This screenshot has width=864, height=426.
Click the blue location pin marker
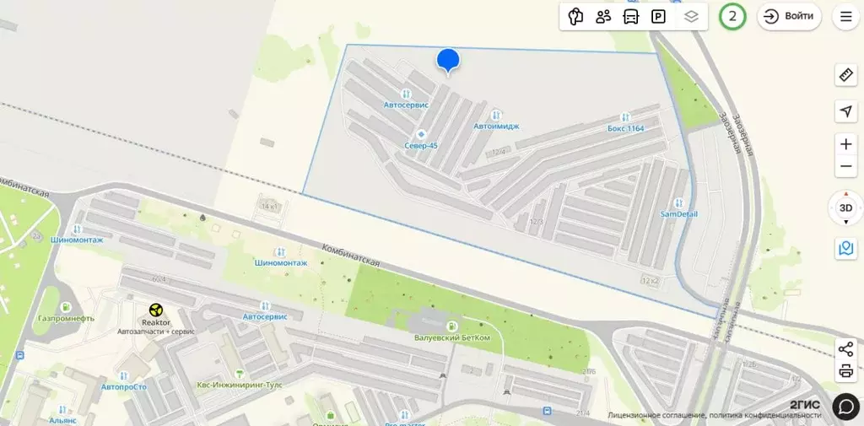(x=448, y=60)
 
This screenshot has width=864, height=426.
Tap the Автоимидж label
(x=496, y=126)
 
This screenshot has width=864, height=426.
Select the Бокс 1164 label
(x=625, y=128)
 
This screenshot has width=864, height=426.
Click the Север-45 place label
(x=421, y=145)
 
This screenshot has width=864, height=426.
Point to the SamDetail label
(x=678, y=213)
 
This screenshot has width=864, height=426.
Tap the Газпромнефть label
(x=66, y=318)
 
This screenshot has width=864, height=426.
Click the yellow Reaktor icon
(x=155, y=310)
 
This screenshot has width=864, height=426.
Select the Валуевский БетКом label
(x=452, y=337)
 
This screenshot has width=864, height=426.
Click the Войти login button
(x=789, y=16)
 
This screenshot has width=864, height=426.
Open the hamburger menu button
(x=845, y=16)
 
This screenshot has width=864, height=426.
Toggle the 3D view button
(x=845, y=208)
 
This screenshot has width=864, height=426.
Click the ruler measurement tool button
(x=845, y=75)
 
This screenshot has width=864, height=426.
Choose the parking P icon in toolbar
(x=657, y=16)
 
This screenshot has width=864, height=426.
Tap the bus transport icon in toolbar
(x=630, y=16)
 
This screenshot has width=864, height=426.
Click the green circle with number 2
(x=732, y=16)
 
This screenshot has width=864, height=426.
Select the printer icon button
(x=845, y=370)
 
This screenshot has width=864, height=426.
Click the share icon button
(x=845, y=349)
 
